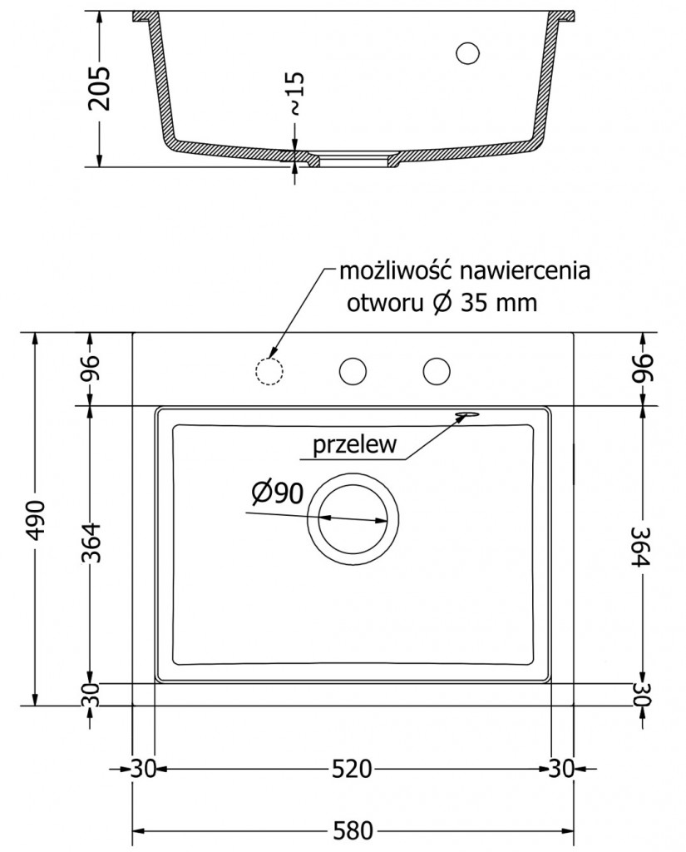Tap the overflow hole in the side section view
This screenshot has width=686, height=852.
click(468, 52)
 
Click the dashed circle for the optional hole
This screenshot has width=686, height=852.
click(267, 370)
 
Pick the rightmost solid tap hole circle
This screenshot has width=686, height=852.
click(437, 370)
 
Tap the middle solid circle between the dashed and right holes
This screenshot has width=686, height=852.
click(353, 370)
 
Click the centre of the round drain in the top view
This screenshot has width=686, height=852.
click(353, 518)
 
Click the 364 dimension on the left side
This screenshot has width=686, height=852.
click(92, 542)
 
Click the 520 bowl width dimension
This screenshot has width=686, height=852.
click(352, 770)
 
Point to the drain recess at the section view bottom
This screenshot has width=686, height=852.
click(353, 157)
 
